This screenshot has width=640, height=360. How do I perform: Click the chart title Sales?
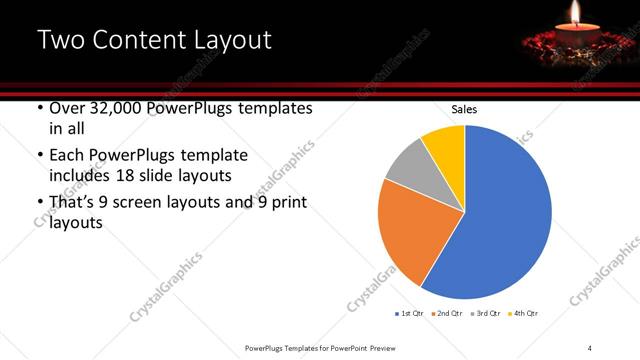(x=464, y=108)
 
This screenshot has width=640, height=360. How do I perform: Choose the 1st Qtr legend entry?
(x=411, y=314)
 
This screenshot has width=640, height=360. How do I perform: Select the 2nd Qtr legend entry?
(x=447, y=314)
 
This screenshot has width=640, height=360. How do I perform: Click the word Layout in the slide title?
(x=232, y=41)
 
